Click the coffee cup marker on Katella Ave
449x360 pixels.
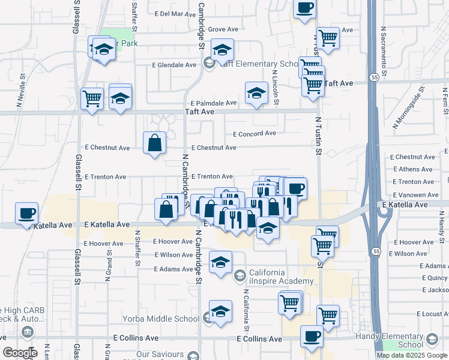[27, 213]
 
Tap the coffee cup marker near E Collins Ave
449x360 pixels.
[312, 336]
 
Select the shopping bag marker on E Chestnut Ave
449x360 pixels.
[155, 143]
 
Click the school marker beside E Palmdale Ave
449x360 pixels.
[256, 93]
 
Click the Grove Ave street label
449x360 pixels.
[223, 29]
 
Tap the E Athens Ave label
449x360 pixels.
[412, 169]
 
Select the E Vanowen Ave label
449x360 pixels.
[415, 195]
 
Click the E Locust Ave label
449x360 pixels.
[432, 314]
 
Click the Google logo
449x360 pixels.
[20, 353]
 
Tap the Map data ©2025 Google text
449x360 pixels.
[411, 355]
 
